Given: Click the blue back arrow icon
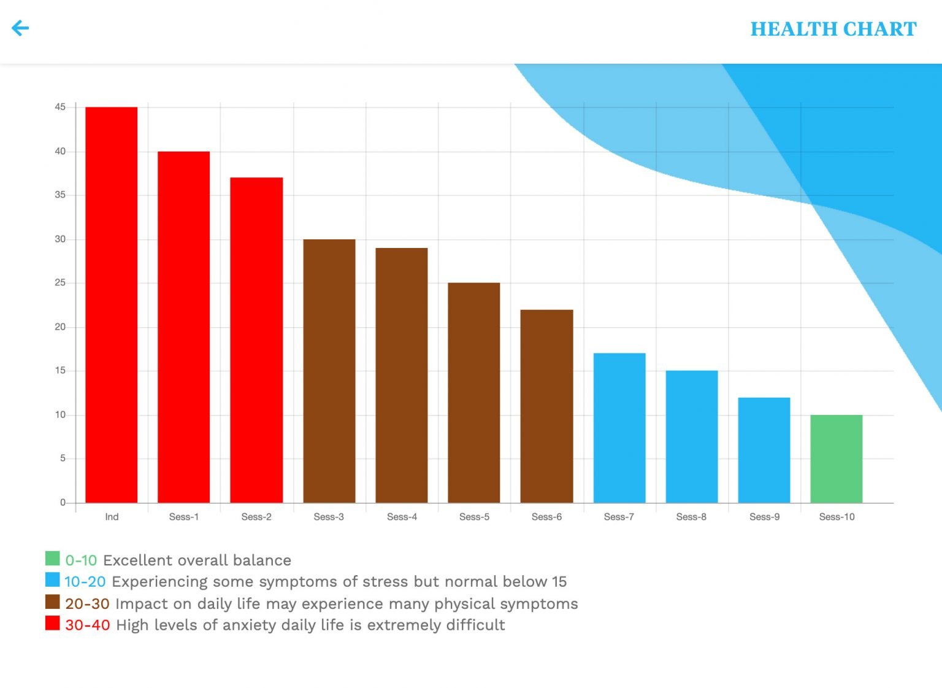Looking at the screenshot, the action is click(x=20, y=28).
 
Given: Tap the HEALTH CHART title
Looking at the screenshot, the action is click(x=833, y=29).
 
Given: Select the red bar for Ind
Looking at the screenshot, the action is click(x=112, y=304).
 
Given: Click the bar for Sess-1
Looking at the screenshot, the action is click(x=184, y=327).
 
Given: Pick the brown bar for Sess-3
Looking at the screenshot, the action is click(x=329, y=371).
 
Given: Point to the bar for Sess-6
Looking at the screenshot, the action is click(x=546, y=406).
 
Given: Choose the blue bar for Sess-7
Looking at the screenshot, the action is click(x=619, y=428).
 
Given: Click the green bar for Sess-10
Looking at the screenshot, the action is click(x=837, y=458).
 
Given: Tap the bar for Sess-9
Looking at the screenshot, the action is click(x=764, y=450).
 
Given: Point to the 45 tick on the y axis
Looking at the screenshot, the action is click(x=60, y=107).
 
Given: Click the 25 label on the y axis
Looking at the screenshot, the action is click(x=60, y=283).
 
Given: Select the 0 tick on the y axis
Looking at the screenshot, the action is click(x=63, y=502).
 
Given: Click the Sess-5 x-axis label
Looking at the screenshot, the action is click(x=474, y=517).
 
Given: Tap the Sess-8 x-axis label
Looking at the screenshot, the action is click(x=691, y=517).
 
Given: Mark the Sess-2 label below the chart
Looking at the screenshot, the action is click(x=256, y=517).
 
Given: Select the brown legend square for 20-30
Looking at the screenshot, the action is click(x=53, y=601).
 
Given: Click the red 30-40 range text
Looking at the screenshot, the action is click(x=88, y=625).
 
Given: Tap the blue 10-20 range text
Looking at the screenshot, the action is click(x=85, y=582).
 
